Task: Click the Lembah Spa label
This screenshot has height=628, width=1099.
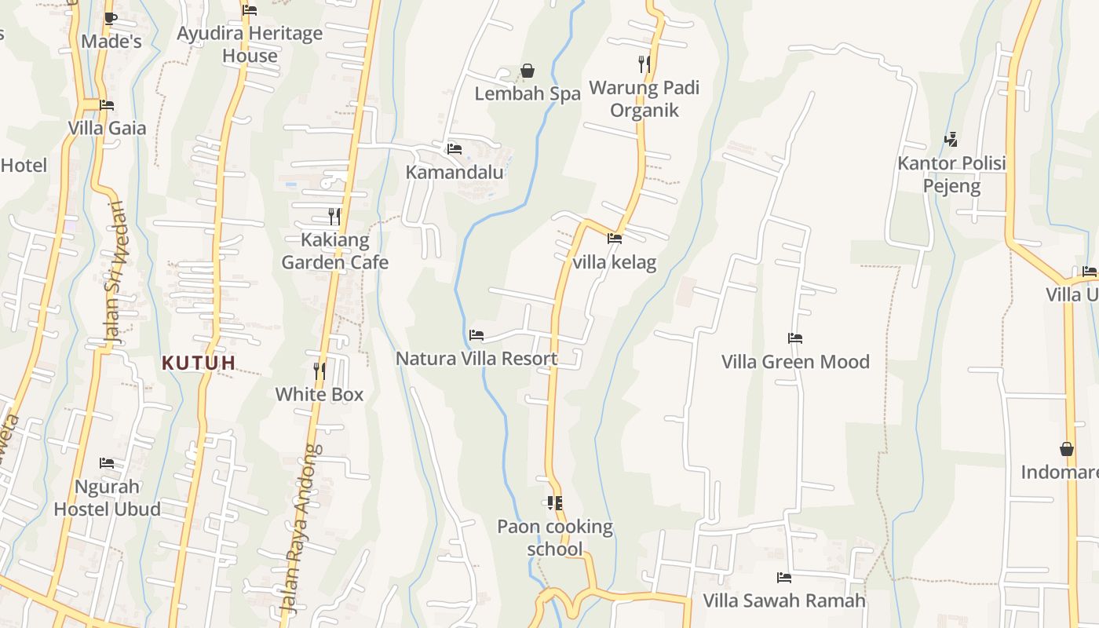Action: coord(528,93)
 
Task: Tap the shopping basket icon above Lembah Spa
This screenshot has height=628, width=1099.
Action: coord(528,71)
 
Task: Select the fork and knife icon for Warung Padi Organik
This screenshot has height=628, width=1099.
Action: coord(644,64)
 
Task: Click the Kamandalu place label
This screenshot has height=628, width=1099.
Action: coord(455,172)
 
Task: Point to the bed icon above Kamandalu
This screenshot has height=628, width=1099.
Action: coord(454,149)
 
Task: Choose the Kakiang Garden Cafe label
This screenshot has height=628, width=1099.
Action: coord(335,250)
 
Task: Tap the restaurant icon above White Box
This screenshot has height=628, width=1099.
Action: coord(319,371)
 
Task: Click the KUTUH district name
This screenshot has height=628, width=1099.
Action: coord(199,363)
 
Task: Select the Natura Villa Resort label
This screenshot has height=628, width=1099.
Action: coord(476,359)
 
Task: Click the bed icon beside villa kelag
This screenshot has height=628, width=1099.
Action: coord(614,239)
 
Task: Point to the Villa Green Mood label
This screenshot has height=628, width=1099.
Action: coord(795,362)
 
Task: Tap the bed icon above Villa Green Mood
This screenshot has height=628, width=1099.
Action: coord(795,338)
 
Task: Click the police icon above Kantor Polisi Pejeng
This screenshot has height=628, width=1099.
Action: coord(951,140)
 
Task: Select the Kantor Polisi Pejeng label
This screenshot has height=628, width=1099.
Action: coord(951,175)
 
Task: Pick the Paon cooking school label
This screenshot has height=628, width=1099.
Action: coord(555,537)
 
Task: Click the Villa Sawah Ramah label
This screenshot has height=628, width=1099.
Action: coord(783,601)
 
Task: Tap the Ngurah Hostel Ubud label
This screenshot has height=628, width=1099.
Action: coord(107,497)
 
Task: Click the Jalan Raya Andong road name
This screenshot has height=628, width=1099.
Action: coord(301,528)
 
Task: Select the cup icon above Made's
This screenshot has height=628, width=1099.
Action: coord(111,18)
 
